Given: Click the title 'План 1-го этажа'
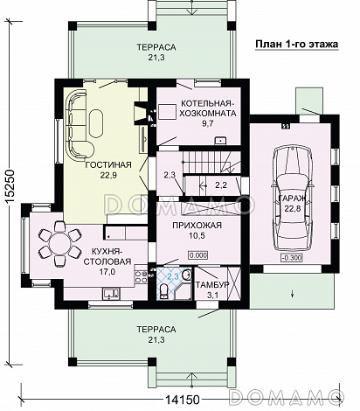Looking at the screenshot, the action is pyautogui.click(x=296, y=45).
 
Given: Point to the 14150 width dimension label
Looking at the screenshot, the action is pyautogui.click(x=183, y=400).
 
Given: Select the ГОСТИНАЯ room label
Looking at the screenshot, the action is pyautogui.click(x=108, y=165).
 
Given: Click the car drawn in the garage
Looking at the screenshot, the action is pyautogui.click(x=293, y=198).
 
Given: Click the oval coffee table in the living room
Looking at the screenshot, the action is pyautogui.click(x=96, y=123).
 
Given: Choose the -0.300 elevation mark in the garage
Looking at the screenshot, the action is pyautogui.click(x=292, y=258).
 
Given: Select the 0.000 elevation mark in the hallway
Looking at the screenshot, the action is pyautogui.click(x=198, y=255).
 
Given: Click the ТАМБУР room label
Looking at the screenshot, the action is pyautogui.click(x=212, y=285).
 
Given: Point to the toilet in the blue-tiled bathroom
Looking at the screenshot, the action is pyautogui.click(x=163, y=291).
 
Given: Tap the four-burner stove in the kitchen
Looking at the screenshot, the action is pyautogui.click(x=141, y=276).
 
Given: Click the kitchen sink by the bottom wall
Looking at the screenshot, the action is pyautogui.click(x=111, y=294).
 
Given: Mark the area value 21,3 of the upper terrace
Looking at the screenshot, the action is pyautogui.click(x=156, y=58).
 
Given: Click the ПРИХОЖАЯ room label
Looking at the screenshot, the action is pyautogui.click(x=197, y=226).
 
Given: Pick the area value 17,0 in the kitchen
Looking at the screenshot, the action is pyautogui.click(x=107, y=272).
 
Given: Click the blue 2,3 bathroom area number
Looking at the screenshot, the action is pyautogui.click(x=173, y=276).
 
